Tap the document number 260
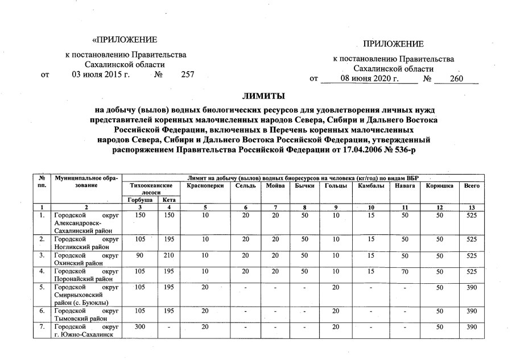pos(456,79)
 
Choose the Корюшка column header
pos(439,186)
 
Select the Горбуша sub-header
pos(140,200)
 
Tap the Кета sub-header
pos(168,200)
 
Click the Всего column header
pos(472,186)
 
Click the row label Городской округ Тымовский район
pos(86,316)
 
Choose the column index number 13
pos(472,208)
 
